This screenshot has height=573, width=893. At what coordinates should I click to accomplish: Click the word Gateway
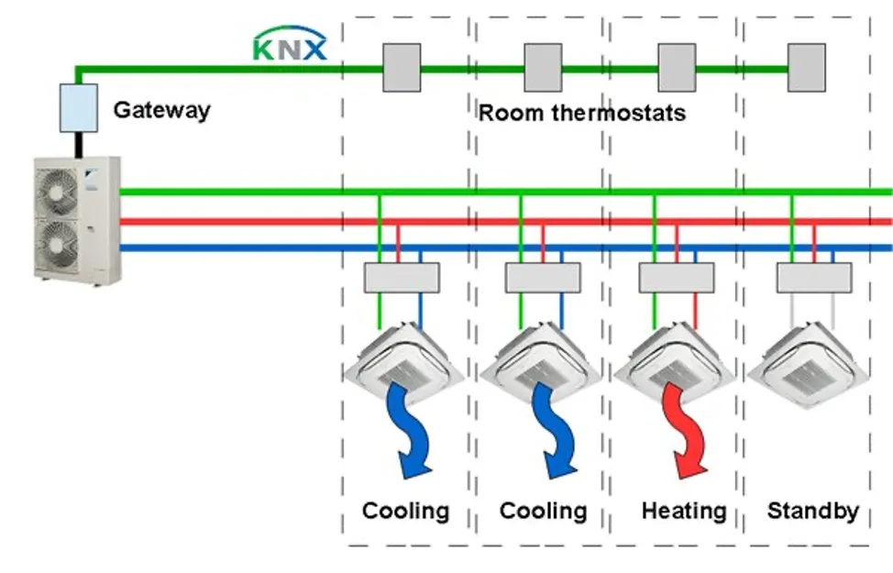tap(161, 110)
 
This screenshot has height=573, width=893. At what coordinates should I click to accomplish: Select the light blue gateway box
tap(79, 107)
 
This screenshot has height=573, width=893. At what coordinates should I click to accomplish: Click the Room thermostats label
tap(582, 113)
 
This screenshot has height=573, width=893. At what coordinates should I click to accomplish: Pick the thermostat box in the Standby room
tap(807, 67)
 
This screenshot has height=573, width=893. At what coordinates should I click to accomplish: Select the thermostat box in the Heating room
tap(677, 67)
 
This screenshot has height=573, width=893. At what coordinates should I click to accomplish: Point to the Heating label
tap(684, 511)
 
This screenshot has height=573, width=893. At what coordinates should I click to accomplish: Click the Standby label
tap(812, 511)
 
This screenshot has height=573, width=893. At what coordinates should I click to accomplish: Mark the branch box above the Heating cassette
tap(677, 277)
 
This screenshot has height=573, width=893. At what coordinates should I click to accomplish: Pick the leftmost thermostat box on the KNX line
tap(401, 67)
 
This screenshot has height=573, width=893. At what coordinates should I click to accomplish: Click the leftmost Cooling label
tap(406, 511)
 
